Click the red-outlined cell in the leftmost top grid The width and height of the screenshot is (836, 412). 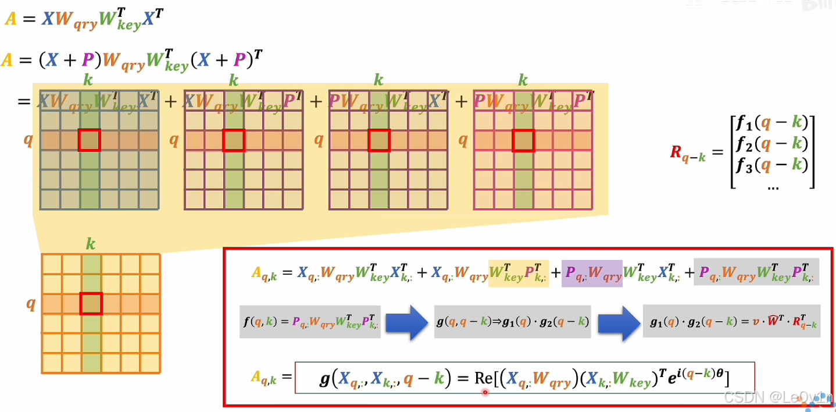[x=89, y=140]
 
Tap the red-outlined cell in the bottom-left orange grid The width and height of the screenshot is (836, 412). [x=91, y=304]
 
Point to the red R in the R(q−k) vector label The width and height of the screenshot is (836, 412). [x=676, y=152]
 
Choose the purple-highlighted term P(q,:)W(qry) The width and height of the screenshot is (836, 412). [x=591, y=273]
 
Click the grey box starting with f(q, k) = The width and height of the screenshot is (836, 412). [x=310, y=322]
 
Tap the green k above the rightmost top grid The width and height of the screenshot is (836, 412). [x=523, y=80]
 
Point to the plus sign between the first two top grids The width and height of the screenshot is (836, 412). [x=170, y=102]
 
